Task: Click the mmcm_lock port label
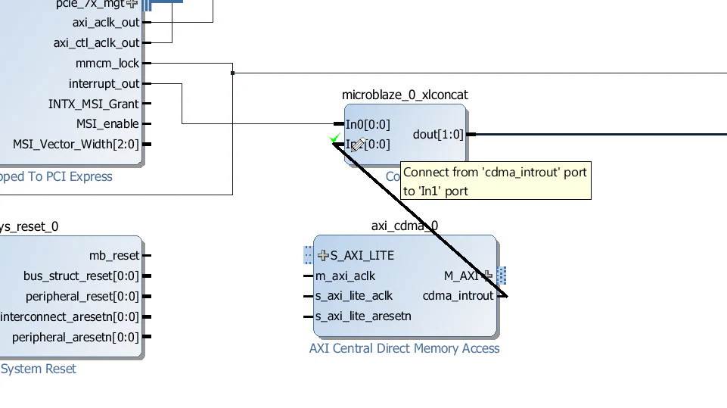point(107,64)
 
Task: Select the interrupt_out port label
point(104,83)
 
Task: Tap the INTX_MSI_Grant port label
point(94,104)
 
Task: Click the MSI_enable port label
point(107,124)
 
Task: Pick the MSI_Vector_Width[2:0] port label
point(76,144)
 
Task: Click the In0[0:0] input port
point(368,124)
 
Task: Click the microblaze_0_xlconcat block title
point(405,95)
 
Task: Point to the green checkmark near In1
point(335,138)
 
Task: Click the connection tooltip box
point(495,182)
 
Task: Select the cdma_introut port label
point(458,295)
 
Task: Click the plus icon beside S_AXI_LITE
point(323,255)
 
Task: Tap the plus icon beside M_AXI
point(488,276)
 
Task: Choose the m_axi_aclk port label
point(345,276)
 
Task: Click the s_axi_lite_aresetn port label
point(363,316)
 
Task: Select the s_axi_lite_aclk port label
point(354,295)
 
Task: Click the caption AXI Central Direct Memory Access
point(404,348)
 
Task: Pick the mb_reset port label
point(114,256)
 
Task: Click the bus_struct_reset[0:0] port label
point(81,276)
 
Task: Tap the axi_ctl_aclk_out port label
point(96,43)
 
